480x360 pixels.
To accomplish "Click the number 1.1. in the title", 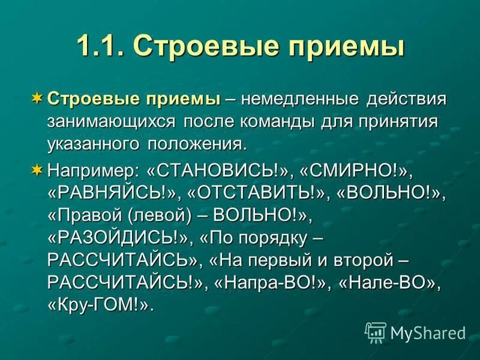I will coord(100,46).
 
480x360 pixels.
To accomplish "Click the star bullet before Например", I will coord(37,170).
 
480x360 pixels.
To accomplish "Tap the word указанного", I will coord(92,144).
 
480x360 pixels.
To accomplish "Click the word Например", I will coord(92,170).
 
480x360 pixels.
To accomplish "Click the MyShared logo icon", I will coord(376,331).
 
